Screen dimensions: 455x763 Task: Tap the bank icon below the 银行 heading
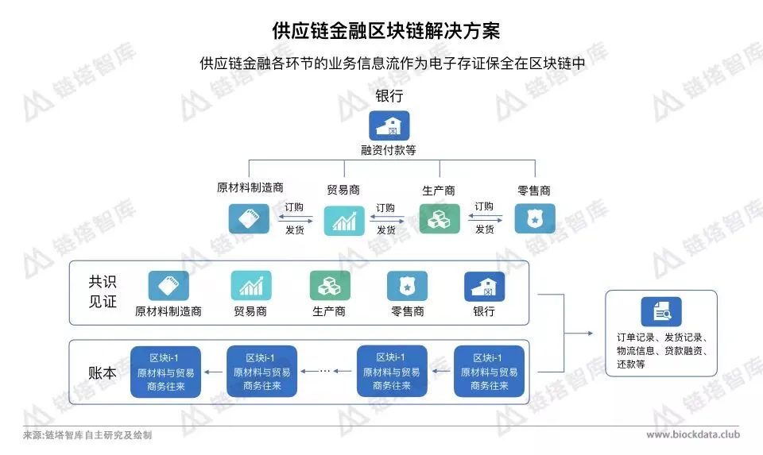click(389, 125)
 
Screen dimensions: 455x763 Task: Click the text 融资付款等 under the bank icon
click(389, 150)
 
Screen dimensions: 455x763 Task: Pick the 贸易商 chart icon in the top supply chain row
click(343, 220)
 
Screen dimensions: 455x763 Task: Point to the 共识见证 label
click(103, 291)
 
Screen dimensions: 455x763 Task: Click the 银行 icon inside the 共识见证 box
click(484, 286)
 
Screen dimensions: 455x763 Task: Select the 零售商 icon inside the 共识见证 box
click(407, 286)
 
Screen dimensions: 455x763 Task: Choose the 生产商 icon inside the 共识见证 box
click(329, 286)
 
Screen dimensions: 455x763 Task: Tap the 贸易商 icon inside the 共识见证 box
click(251, 286)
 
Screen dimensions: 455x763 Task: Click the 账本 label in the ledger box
click(103, 371)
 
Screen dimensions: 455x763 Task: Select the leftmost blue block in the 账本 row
click(165, 371)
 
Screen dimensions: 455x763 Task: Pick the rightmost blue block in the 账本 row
click(489, 371)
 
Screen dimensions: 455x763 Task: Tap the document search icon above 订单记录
click(661, 311)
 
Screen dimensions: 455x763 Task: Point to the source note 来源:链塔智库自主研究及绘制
click(87, 435)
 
